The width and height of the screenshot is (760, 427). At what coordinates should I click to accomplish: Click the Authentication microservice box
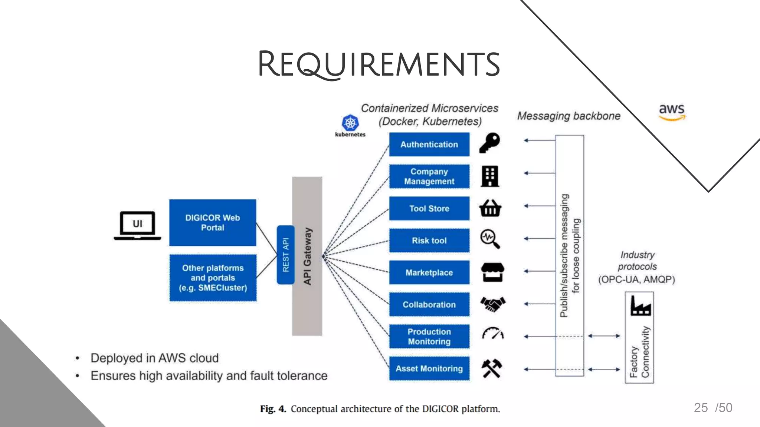pyautogui.click(x=429, y=145)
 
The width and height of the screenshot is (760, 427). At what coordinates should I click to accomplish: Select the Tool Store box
pyautogui.click(x=429, y=209)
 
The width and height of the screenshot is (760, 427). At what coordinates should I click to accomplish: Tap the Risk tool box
pyautogui.click(x=429, y=241)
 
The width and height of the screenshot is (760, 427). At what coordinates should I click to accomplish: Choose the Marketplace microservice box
pyautogui.click(x=429, y=272)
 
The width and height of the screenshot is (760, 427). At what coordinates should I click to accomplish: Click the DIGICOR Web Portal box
pyautogui.click(x=213, y=222)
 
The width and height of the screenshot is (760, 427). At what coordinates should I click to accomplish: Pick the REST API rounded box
pyautogui.click(x=285, y=255)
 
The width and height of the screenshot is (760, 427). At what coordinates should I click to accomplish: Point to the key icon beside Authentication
pyautogui.click(x=490, y=143)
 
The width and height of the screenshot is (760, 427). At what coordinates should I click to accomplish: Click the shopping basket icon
pyautogui.click(x=490, y=208)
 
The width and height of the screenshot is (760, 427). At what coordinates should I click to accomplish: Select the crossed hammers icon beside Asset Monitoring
pyautogui.click(x=492, y=368)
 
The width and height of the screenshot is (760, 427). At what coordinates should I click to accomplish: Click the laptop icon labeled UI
pyautogui.click(x=137, y=225)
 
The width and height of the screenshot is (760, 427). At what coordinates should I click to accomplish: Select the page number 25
pyautogui.click(x=701, y=408)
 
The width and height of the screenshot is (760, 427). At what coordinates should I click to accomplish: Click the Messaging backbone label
pyautogui.click(x=569, y=116)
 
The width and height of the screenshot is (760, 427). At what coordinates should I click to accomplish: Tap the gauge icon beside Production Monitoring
pyautogui.click(x=493, y=334)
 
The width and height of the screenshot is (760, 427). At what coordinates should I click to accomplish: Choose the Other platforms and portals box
pyautogui.click(x=213, y=278)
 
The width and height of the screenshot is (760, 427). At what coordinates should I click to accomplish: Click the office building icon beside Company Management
pyautogui.click(x=490, y=176)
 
